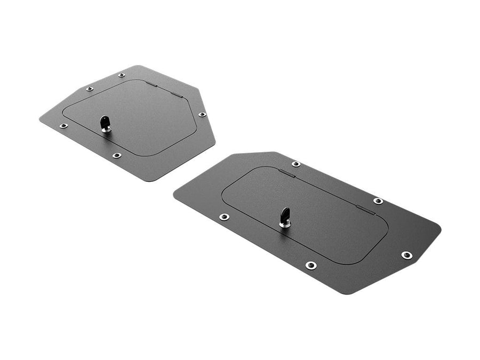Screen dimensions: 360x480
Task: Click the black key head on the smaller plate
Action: [105, 122]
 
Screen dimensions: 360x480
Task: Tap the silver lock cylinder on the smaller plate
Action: [107, 129]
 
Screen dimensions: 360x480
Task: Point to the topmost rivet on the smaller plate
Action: [122, 75]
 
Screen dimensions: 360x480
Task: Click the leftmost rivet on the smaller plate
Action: [63, 126]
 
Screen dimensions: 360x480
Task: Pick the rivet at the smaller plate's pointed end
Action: [202, 114]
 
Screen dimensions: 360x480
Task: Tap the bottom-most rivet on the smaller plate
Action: [116, 155]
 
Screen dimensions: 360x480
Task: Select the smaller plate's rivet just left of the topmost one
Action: [90, 89]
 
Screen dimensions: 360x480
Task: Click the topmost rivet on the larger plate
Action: [296, 164]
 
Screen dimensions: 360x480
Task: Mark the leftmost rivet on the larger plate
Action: [224, 217]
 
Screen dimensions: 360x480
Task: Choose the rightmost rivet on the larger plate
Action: [406, 255]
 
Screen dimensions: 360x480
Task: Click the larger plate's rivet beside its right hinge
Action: [378, 201]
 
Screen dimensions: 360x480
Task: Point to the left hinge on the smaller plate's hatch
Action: [151, 84]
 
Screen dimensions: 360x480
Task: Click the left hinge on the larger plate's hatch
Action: [286, 173]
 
